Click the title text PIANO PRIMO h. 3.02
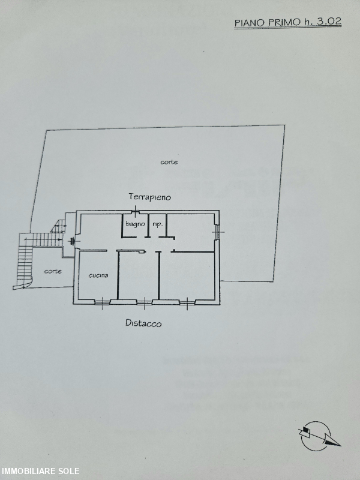[x=288, y=22]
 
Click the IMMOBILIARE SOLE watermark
[x=40, y=471]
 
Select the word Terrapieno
[x=149, y=197]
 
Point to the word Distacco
[x=143, y=323]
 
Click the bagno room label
[x=135, y=224]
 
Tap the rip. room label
[x=157, y=224]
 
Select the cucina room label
[x=98, y=275]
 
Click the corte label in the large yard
[x=169, y=162]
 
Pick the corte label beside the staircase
[x=52, y=271]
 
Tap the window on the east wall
[x=218, y=232]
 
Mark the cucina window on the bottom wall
[x=103, y=301]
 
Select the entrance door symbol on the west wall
[x=73, y=241]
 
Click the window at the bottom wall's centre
[x=146, y=301]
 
